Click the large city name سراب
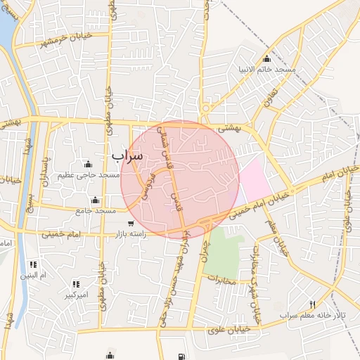tap(127, 154)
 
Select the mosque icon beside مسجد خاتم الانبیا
tap(266, 58)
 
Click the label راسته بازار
tap(127, 234)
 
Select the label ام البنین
tap(32, 275)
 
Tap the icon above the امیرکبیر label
tap(76, 285)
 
